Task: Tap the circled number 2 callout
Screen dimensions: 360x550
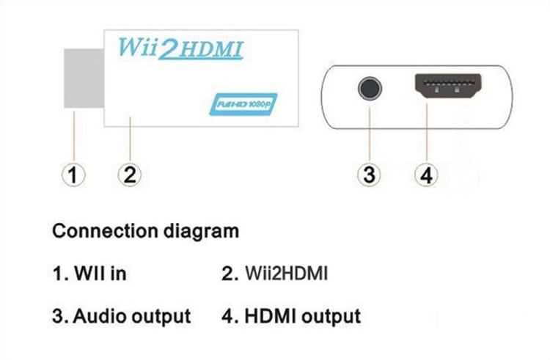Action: (128, 175)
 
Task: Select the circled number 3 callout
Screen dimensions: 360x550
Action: (369, 175)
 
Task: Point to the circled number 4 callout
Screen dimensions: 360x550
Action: (425, 175)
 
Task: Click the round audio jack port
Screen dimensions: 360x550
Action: (370, 89)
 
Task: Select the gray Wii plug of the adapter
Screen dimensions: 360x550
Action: (84, 81)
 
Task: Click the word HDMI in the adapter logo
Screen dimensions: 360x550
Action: (213, 50)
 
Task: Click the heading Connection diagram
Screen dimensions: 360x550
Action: (145, 232)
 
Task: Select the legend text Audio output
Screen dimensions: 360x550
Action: (131, 316)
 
